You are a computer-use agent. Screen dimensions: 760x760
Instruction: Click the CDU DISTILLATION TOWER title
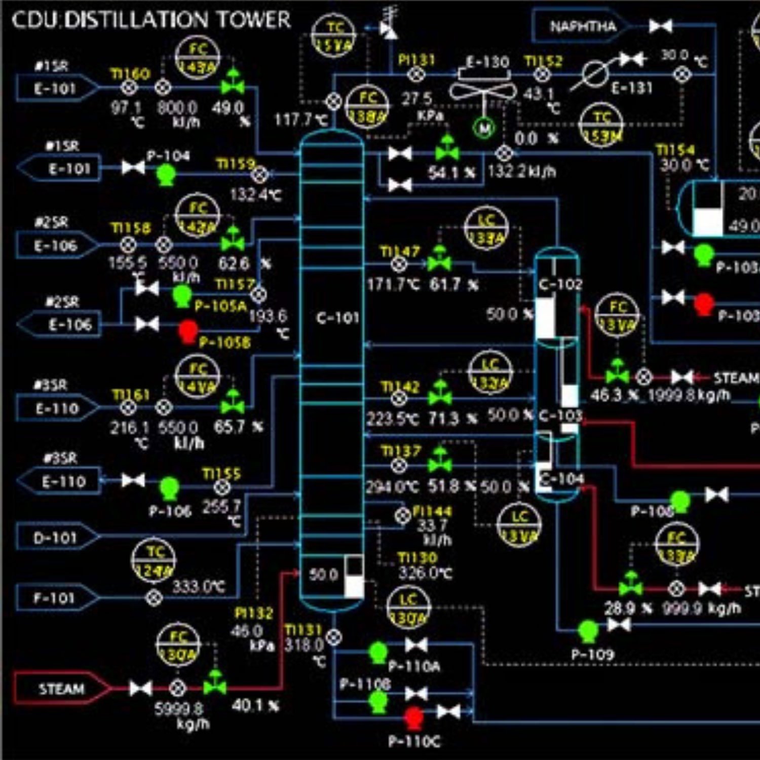pos(151,20)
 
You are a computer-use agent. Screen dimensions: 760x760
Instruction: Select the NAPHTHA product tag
pos(583,26)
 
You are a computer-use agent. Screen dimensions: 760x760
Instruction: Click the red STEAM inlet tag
pos(61,689)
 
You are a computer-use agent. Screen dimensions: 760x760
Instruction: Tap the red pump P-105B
pos(188,331)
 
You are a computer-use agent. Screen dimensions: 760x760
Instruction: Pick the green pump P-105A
pos(182,295)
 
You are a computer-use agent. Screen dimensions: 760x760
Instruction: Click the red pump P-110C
pos(414,717)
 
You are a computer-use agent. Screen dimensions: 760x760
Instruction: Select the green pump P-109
pos(588,631)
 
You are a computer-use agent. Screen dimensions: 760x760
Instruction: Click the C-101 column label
pos(337,318)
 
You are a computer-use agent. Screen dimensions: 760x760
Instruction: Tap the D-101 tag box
pos(55,538)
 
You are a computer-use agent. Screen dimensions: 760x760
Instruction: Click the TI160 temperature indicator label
pos(131,74)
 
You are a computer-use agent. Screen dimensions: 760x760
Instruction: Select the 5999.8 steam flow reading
pos(178,708)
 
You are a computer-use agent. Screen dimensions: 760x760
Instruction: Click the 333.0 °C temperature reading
pos(199,587)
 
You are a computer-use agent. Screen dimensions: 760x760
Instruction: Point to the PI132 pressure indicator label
pos(254,614)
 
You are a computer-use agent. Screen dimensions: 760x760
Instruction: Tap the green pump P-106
pos(169,487)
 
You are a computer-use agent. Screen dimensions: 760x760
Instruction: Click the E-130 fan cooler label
pos(487,62)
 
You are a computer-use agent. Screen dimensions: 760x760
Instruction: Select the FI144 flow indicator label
pos(432,511)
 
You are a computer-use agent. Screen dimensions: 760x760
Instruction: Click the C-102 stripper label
pos(560,284)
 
